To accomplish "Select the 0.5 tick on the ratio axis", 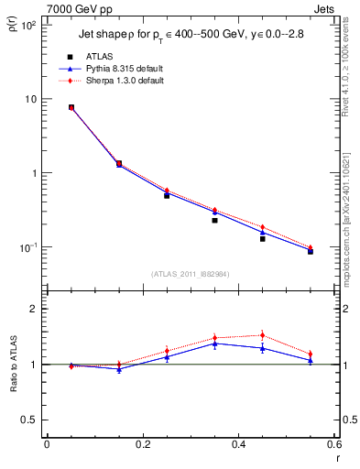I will click(x=28, y=420).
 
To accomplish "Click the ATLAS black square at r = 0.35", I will click(x=214, y=220).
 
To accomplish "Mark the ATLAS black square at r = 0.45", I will click(x=262, y=238).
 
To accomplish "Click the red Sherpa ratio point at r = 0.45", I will click(x=262, y=334).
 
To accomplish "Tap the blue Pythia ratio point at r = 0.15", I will click(x=119, y=369).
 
